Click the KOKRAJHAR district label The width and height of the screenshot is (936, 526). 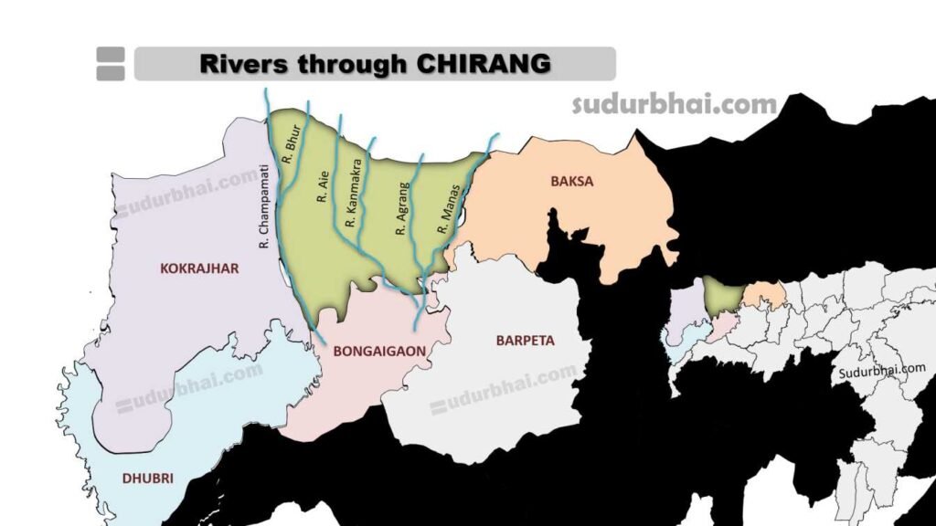(x=199, y=268)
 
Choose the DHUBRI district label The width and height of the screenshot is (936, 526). (x=148, y=477)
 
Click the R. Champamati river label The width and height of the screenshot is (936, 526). (x=264, y=205)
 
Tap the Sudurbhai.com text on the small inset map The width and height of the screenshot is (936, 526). (x=882, y=370)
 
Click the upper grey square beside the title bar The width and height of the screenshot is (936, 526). (x=110, y=55)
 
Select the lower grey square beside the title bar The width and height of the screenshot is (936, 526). (x=110, y=73)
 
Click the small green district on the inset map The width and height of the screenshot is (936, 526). (x=723, y=295)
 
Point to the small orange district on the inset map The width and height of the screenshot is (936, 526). (x=764, y=295)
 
